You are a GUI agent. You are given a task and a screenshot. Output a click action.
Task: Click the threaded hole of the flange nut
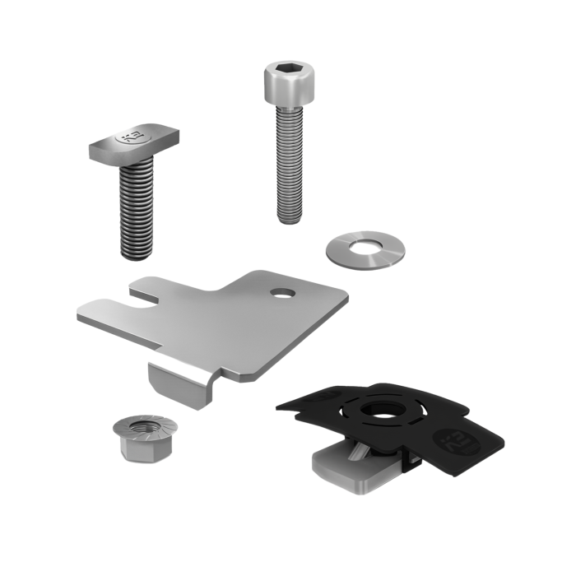(x=137, y=427)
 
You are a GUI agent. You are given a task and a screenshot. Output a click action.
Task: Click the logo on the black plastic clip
(x=454, y=437)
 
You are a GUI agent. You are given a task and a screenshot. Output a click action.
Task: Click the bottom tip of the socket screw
(x=289, y=217)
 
